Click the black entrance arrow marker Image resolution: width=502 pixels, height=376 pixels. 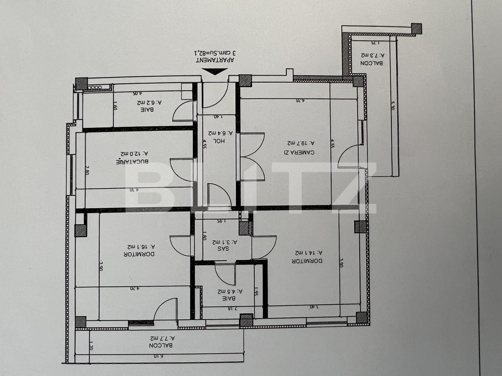pos(214,72)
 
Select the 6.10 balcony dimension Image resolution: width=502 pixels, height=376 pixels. pos(159,356)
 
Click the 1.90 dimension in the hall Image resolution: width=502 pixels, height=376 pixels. pos(218,117)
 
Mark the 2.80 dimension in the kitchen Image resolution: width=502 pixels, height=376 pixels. pos(87,172)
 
